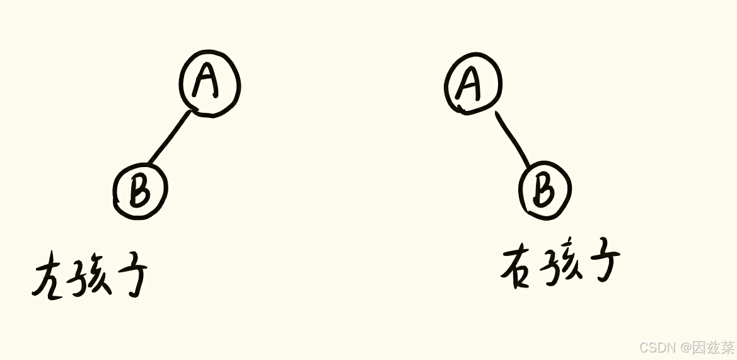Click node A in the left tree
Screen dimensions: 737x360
click(x=209, y=84)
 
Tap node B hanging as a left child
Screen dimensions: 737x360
click(x=140, y=190)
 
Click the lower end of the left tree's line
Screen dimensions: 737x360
click(x=149, y=165)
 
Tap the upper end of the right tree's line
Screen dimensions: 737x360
click(x=496, y=114)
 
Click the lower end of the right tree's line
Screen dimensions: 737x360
click(x=531, y=166)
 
